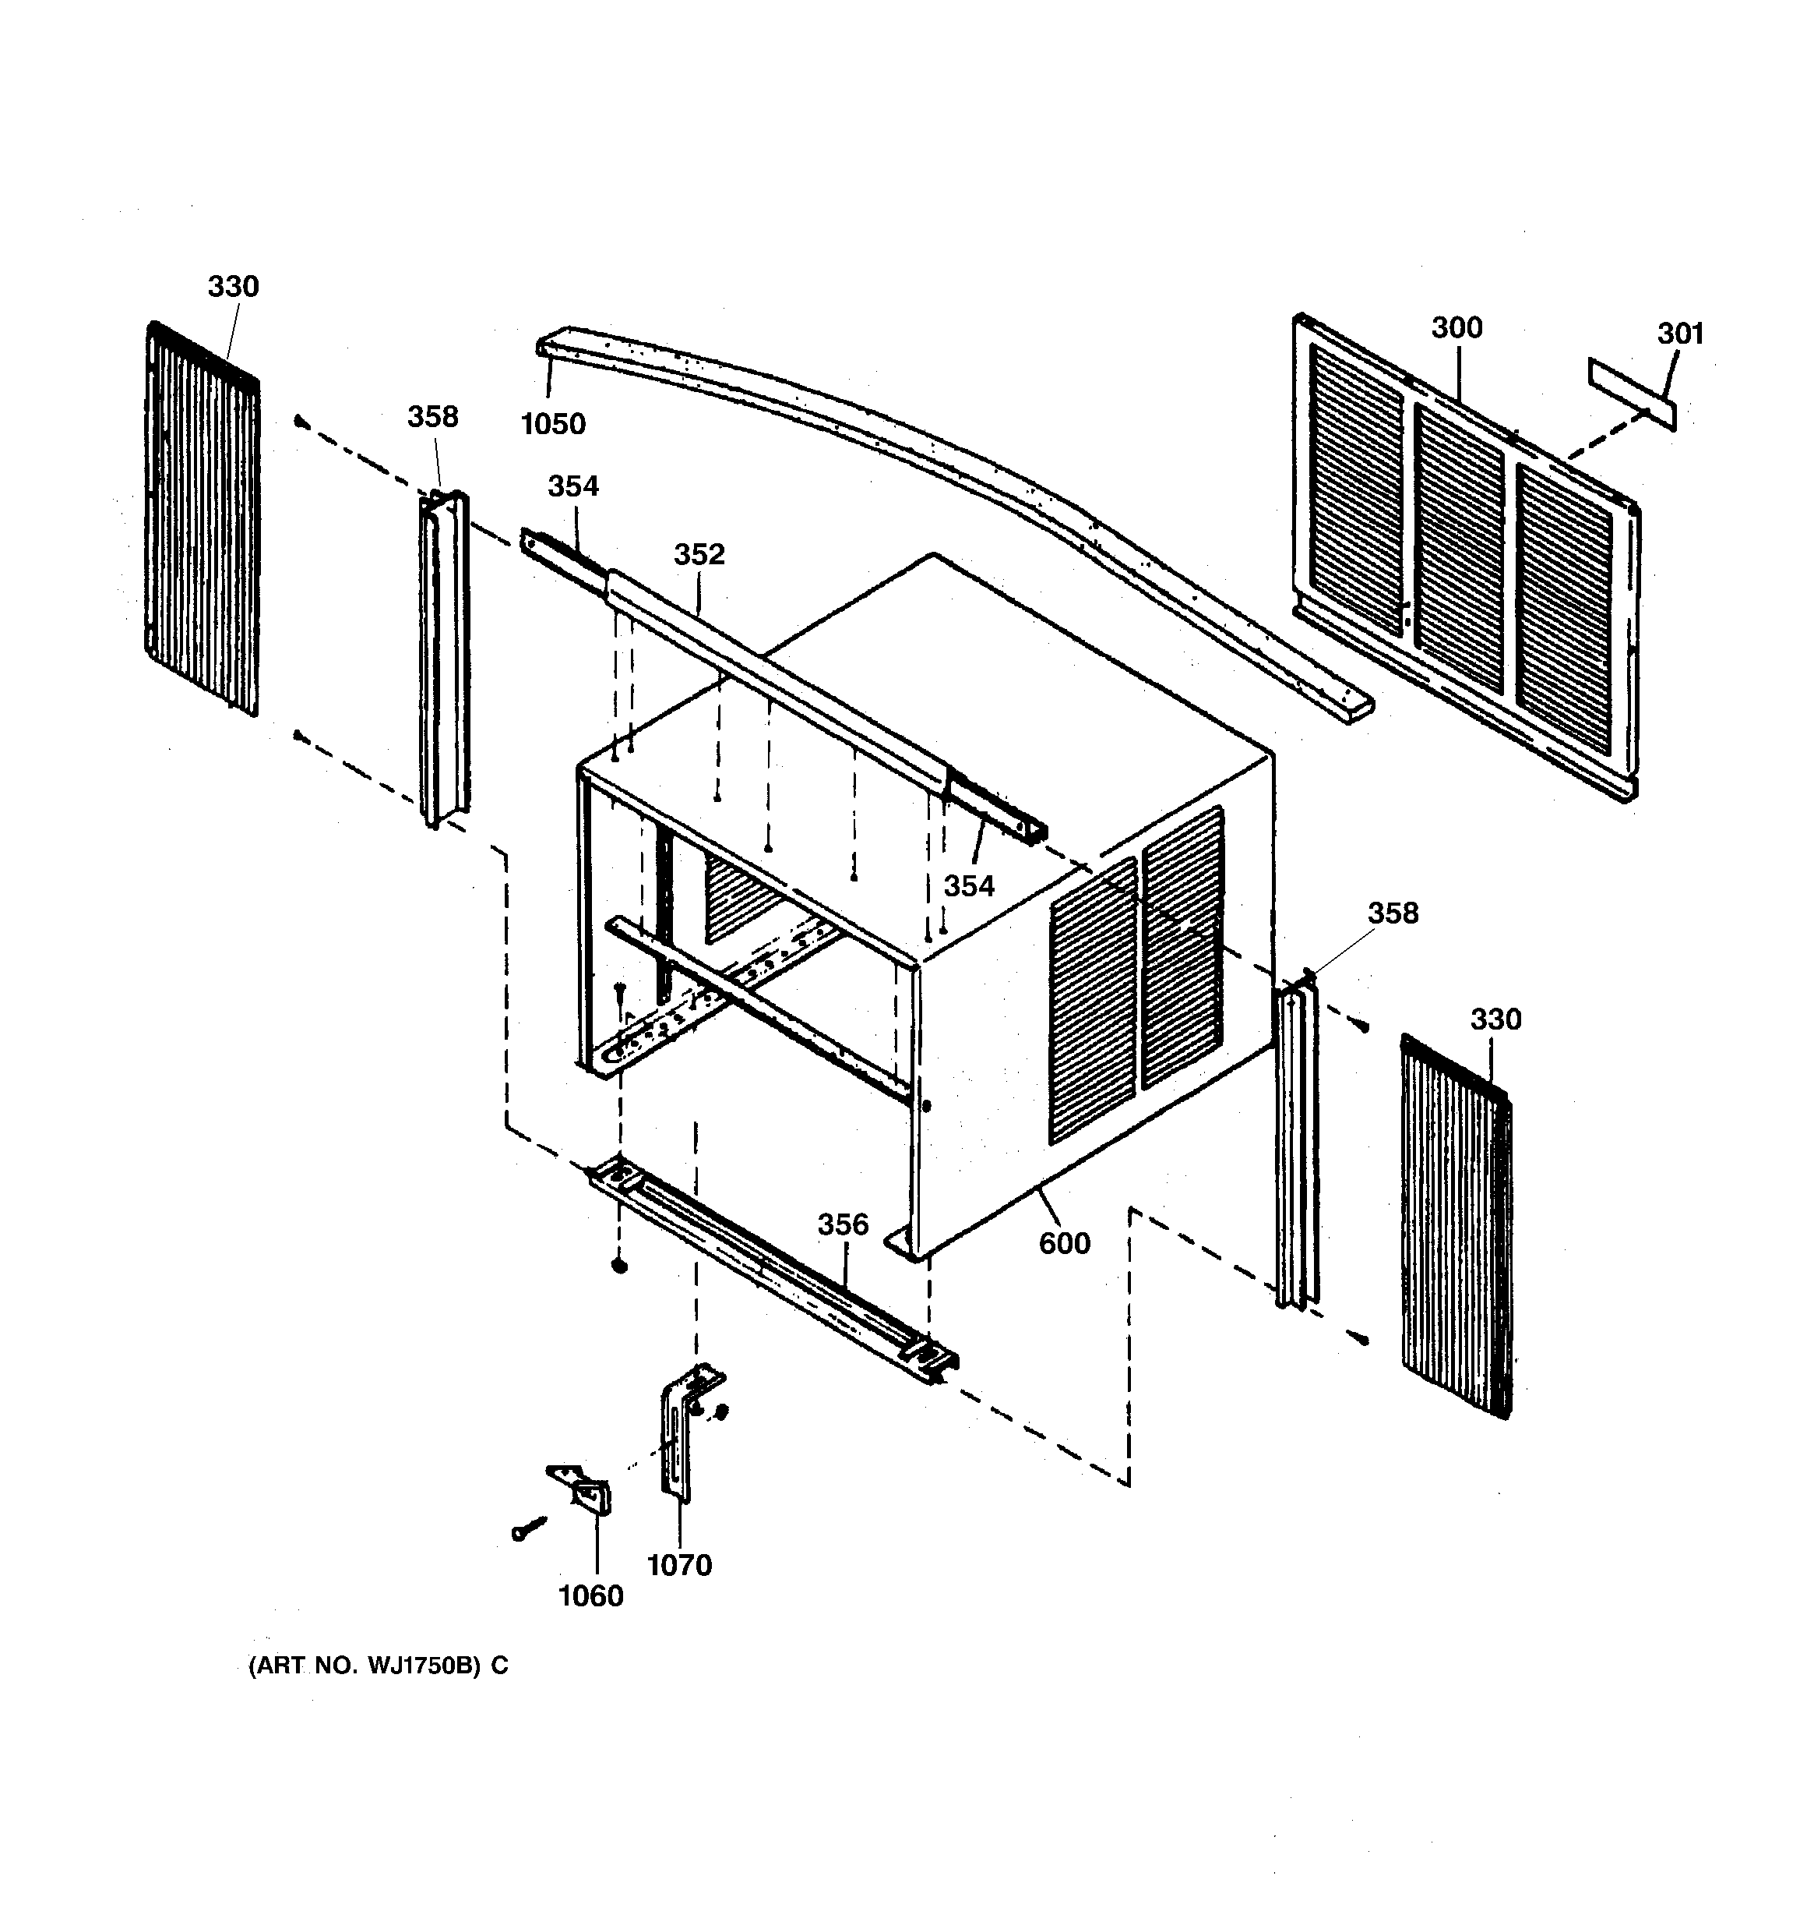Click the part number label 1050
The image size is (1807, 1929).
click(x=553, y=424)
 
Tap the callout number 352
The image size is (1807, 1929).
click(x=699, y=554)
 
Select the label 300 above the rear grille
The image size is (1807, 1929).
click(x=1457, y=328)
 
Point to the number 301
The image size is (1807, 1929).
click(x=1680, y=334)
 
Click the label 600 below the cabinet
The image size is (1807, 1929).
click(x=1064, y=1243)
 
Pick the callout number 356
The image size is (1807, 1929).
click(x=843, y=1225)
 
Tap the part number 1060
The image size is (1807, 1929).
click(x=590, y=1595)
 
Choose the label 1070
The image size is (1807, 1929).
click(x=679, y=1565)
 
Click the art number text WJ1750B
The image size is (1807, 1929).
click(x=423, y=1666)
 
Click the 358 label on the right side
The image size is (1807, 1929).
click(x=1393, y=913)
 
